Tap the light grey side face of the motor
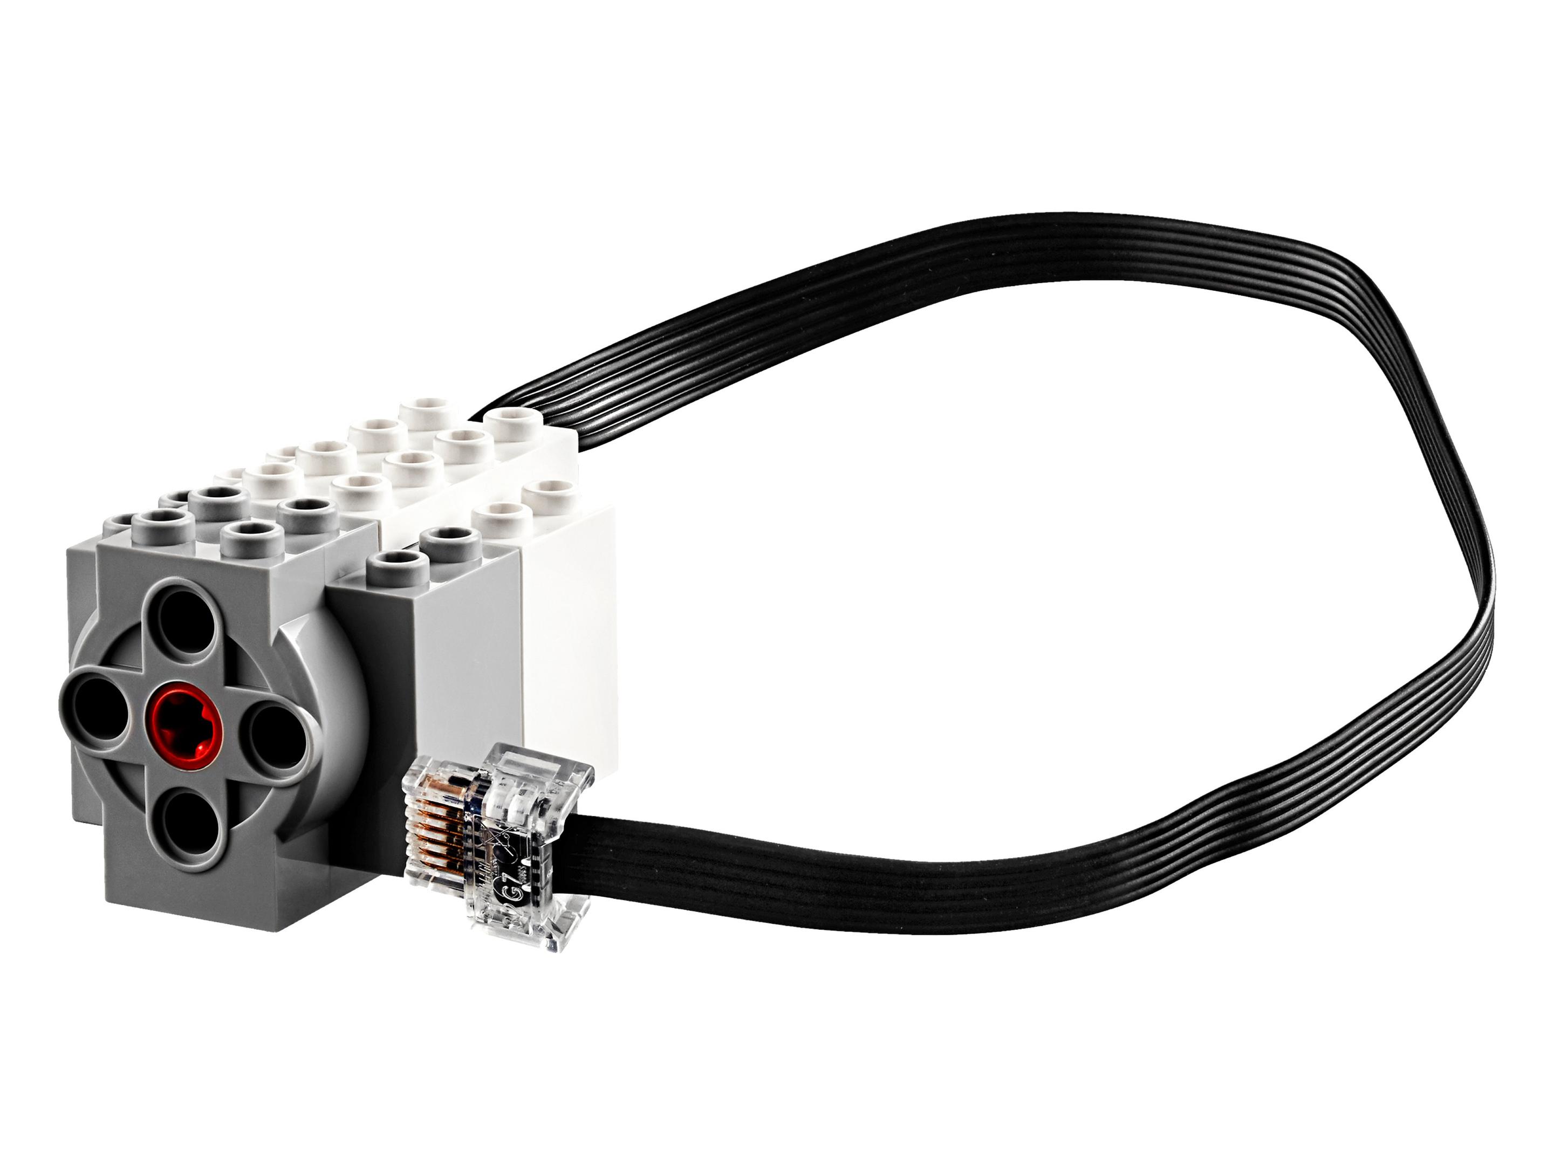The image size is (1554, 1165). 467,675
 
